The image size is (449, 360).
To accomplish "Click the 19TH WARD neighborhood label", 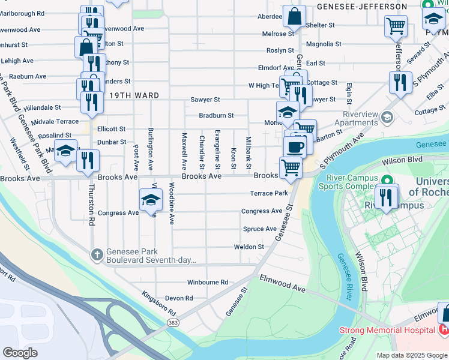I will point(134,95).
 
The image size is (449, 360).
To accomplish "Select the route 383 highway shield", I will point(173,323).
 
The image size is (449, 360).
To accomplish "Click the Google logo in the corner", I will point(20,352).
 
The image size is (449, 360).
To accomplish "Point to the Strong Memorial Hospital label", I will point(387,330).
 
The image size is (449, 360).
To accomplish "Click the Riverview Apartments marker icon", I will point(387,116).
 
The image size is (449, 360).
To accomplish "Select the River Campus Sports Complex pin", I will point(387,180).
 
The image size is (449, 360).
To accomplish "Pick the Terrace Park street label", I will point(269,193).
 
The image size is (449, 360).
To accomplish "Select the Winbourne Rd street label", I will point(208,282).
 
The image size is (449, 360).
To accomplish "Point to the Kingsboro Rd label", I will point(158,304).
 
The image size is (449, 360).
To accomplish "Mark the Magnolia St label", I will point(324,44).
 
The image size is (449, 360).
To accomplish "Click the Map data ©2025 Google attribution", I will point(412,355).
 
